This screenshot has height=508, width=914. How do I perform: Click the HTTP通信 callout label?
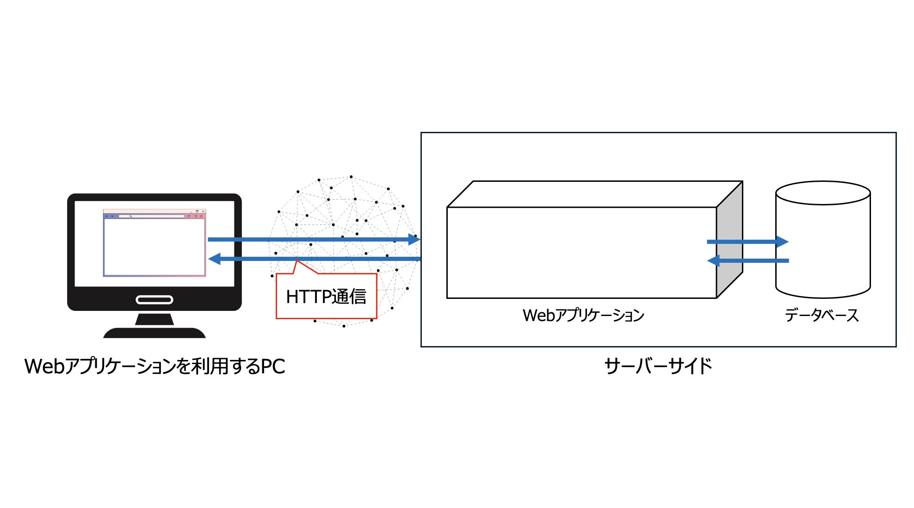tap(326, 297)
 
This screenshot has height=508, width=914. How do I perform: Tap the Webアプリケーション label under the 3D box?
tap(583, 316)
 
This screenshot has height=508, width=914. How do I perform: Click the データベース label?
tap(822, 316)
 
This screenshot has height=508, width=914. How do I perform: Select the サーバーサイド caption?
tap(658, 366)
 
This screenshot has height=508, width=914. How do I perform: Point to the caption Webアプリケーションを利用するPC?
tap(154, 366)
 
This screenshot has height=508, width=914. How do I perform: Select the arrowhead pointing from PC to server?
tap(414, 240)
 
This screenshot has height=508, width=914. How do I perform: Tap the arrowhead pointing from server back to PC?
tap(215, 259)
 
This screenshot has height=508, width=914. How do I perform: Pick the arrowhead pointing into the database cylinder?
tap(782, 242)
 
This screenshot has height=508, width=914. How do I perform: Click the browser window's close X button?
tap(203, 211)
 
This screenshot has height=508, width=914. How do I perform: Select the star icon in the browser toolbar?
tap(201, 216)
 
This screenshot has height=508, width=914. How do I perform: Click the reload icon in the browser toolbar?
tap(189, 216)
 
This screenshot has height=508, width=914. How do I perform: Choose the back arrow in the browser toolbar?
tap(106, 216)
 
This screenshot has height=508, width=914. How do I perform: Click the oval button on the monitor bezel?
tap(154, 300)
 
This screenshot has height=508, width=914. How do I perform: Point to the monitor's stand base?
tap(154, 333)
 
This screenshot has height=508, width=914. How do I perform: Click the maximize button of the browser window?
tap(197, 211)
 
